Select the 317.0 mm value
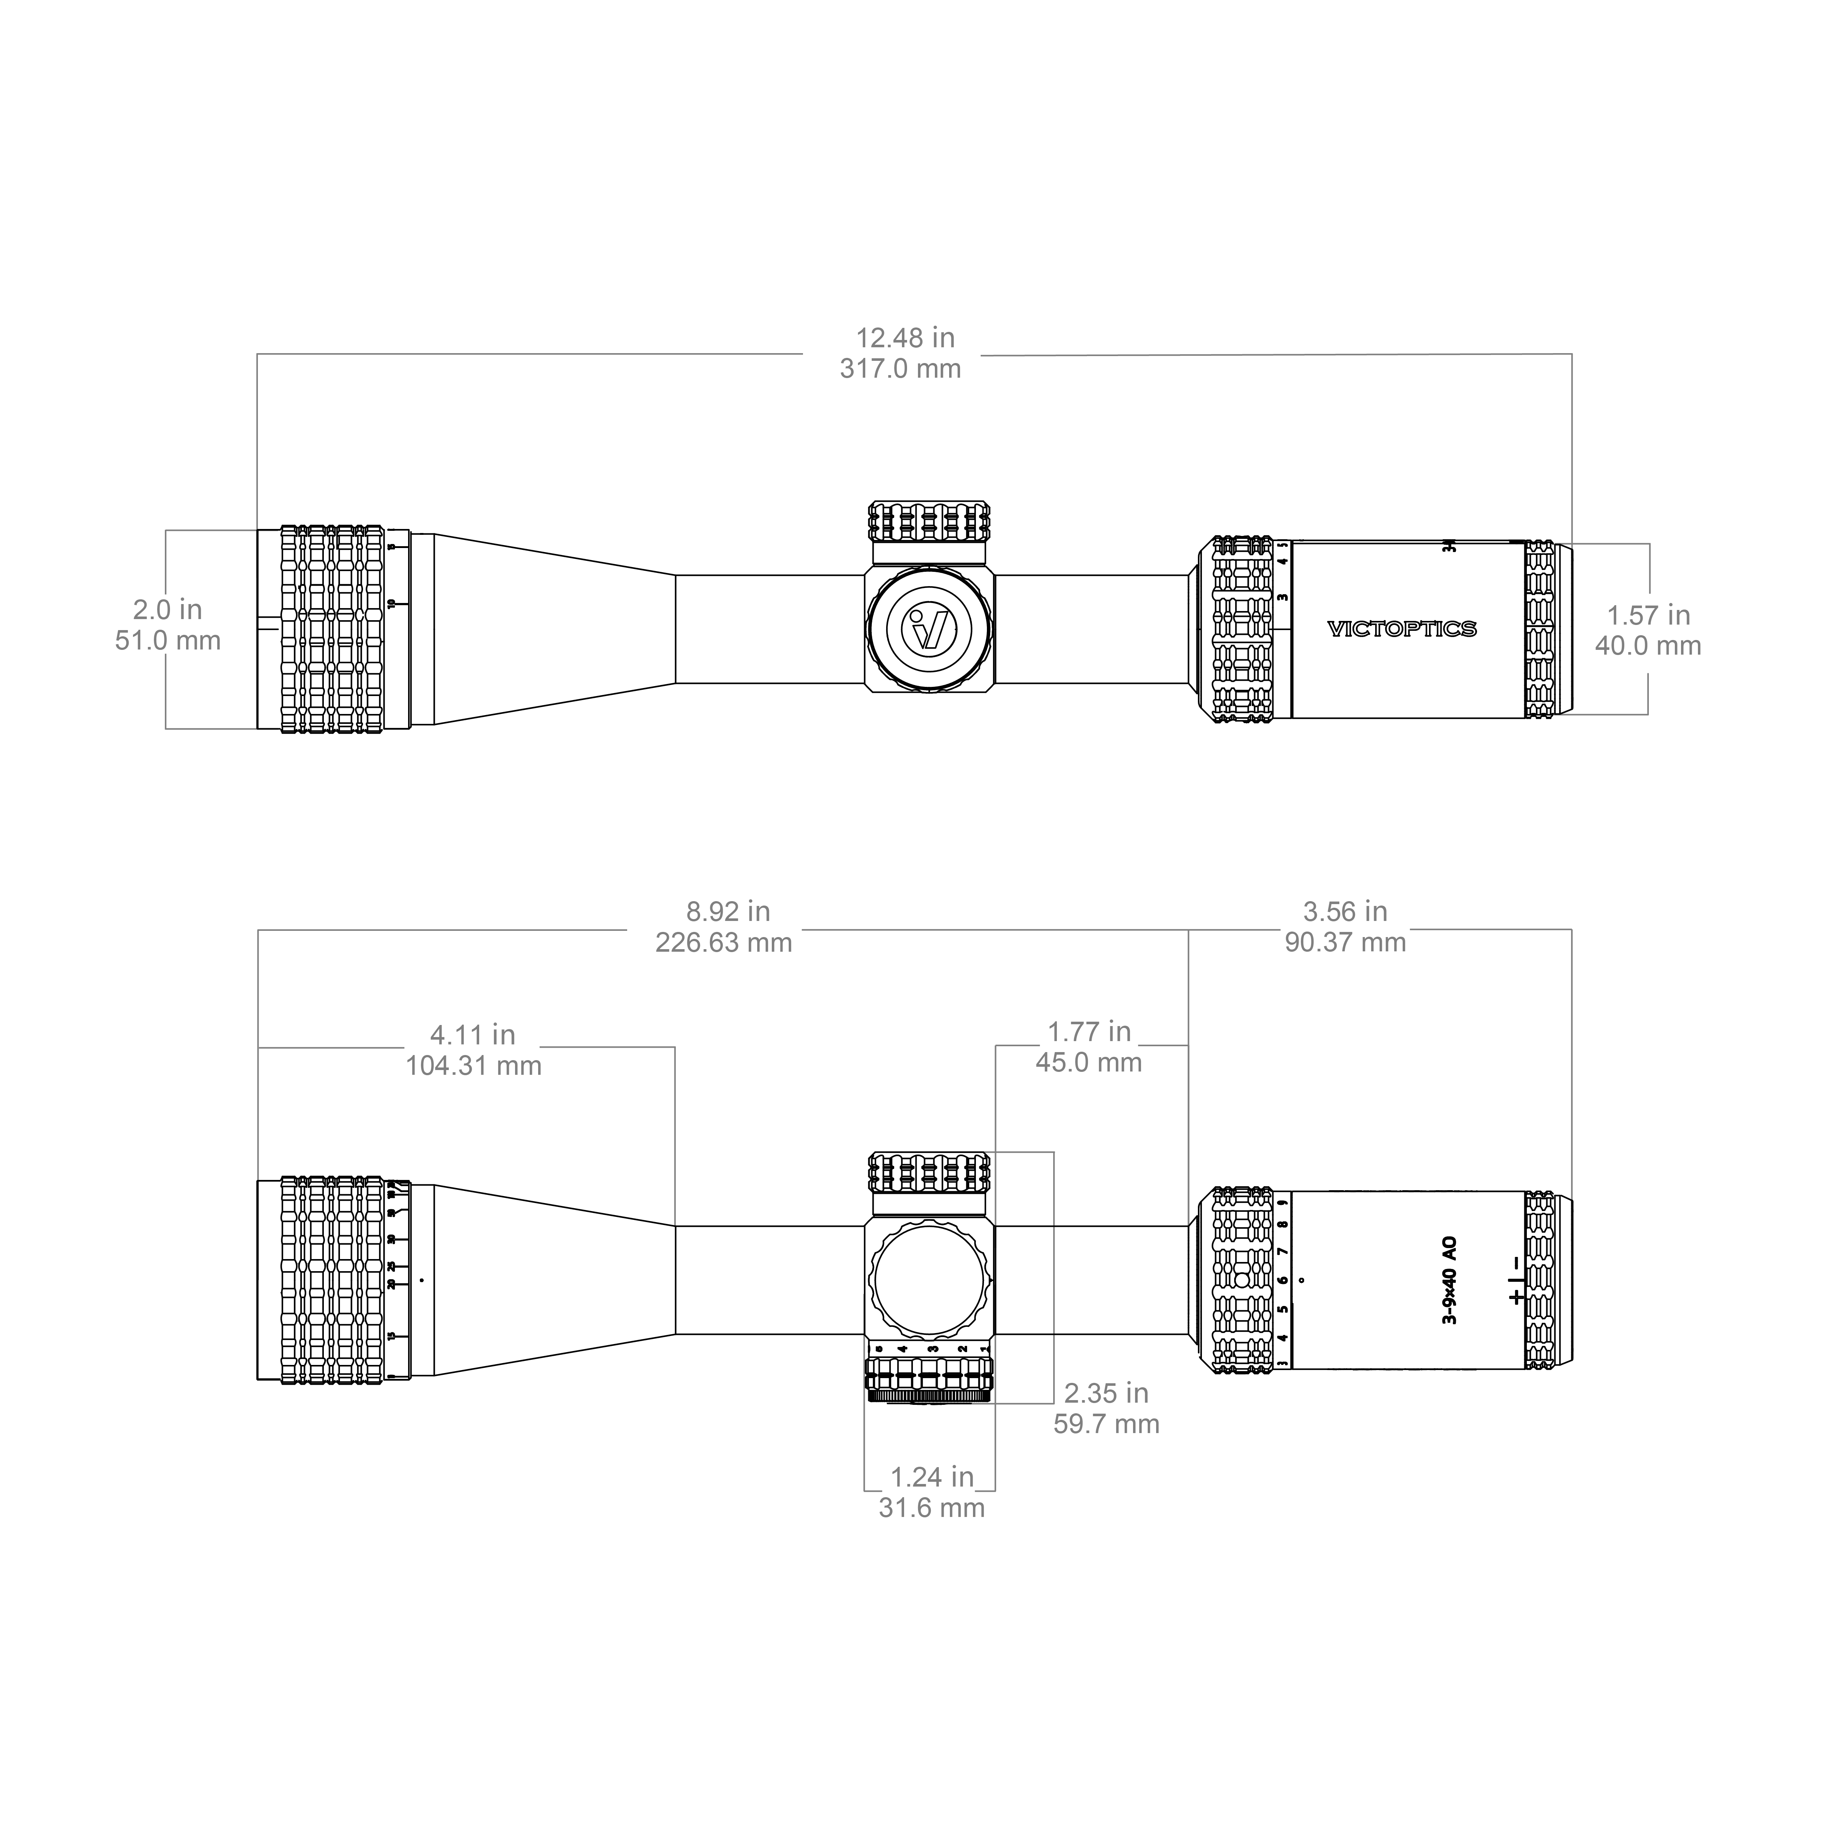(x=900, y=369)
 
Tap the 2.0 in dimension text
(x=168, y=610)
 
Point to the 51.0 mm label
(x=168, y=641)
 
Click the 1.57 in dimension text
(x=1648, y=615)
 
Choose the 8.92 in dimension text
(x=727, y=912)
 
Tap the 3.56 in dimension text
(x=1345, y=912)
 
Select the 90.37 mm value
(x=1345, y=943)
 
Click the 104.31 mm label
(x=473, y=1066)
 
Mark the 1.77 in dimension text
(x=1089, y=1032)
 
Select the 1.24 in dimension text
(x=931, y=1477)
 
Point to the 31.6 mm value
(x=931, y=1508)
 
